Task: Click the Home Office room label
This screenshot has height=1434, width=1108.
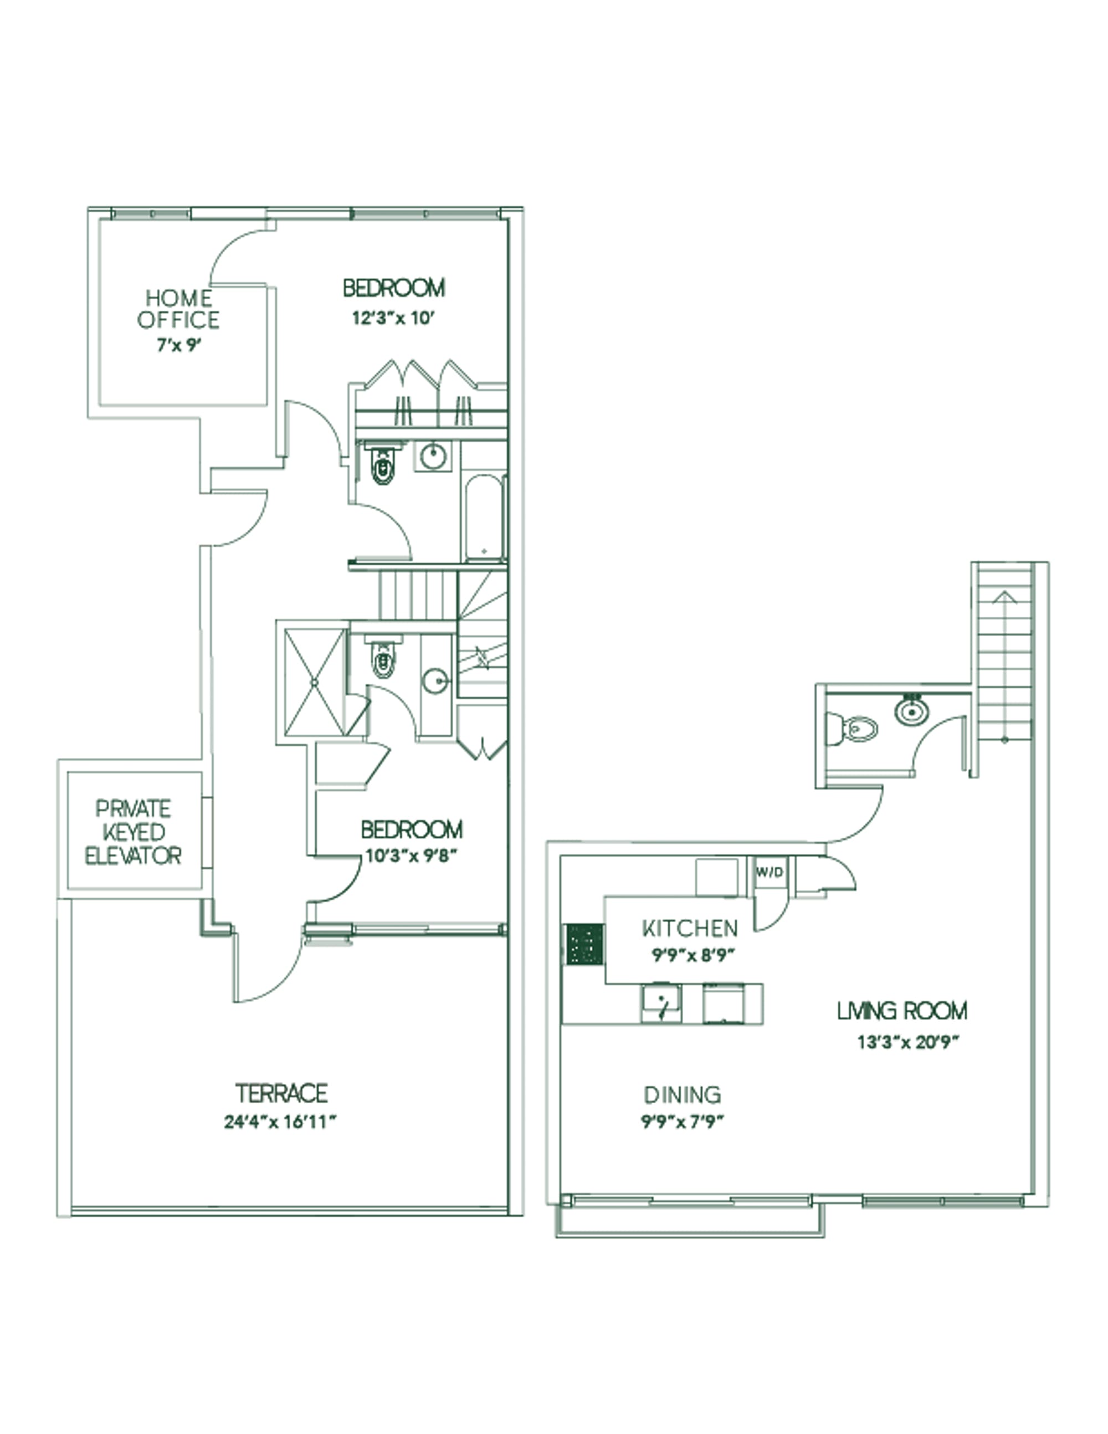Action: [x=178, y=309]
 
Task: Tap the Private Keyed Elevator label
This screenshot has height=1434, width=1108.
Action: [x=134, y=832]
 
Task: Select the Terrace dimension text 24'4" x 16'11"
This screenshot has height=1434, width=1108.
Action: [x=280, y=1121]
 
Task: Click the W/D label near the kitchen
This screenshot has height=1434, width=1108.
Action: [x=770, y=873]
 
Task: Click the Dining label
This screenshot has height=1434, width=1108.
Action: [x=683, y=1094]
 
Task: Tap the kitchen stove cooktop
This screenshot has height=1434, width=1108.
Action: [x=584, y=944]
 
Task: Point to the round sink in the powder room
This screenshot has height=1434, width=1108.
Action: [x=912, y=711]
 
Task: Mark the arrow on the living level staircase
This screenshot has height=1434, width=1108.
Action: [x=1004, y=597]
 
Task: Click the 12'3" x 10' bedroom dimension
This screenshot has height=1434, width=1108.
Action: [x=394, y=319]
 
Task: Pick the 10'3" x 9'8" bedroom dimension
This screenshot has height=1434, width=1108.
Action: [x=411, y=856]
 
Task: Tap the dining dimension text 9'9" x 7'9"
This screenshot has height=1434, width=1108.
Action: [x=683, y=1121]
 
